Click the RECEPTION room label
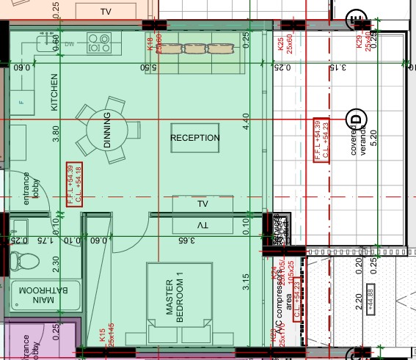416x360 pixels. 195,138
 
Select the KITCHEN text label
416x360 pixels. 54,92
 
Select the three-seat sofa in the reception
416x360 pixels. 197,49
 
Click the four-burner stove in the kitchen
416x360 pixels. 99,43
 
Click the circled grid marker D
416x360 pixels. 357,118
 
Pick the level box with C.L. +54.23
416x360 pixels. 321,139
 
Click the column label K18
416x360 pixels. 150,44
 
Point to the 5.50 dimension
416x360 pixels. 150,67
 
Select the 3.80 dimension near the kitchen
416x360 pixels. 56,134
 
